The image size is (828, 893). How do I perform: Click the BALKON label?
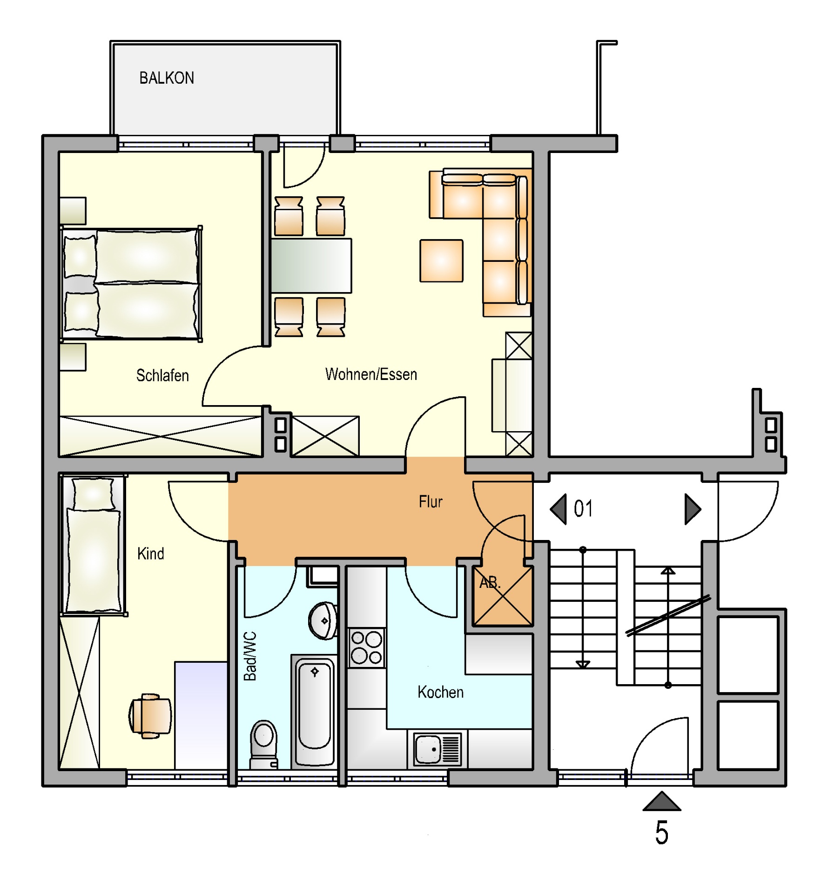pyautogui.click(x=167, y=78)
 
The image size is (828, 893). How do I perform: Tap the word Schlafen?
pyautogui.click(x=162, y=375)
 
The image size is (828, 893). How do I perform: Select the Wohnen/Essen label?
pyautogui.click(x=371, y=374)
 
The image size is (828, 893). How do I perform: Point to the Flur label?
pyautogui.click(x=431, y=501)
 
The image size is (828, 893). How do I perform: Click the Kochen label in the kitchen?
pyautogui.click(x=440, y=692)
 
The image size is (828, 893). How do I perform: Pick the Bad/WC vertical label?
pyautogui.click(x=250, y=656)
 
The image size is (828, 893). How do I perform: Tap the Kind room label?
pyautogui.click(x=151, y=553)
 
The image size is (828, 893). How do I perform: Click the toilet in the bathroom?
pyautogui.click(x=263, y=745)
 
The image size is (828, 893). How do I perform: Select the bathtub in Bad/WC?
pyautogui.click(x=315, y=712)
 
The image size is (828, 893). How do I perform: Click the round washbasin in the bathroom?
pyautogui.click(x=323, y=621)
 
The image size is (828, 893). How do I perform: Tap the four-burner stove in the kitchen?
pyautogui.click(x=367, y=648)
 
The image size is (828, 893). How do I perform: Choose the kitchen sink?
pyautogui.click(x=438, y=749)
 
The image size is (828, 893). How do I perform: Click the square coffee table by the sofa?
pyautogui.click(x=441, y=261)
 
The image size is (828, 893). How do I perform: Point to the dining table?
pyautogui.click(x=311, y=266)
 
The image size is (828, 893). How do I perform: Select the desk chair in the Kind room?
pyautogui.click(x=150, y=716)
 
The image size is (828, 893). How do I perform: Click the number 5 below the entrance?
pyautogui.click(x=661, y=833)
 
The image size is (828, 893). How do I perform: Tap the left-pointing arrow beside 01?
pyautogui.click(x=558, y=509)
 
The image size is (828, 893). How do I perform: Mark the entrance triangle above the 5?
pyautogui.click(x=662, y=802)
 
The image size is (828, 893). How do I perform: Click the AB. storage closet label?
pyautogui.click(x=490, y=582)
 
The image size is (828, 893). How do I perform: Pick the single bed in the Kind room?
pyautogui.click(x=94, y=545)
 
